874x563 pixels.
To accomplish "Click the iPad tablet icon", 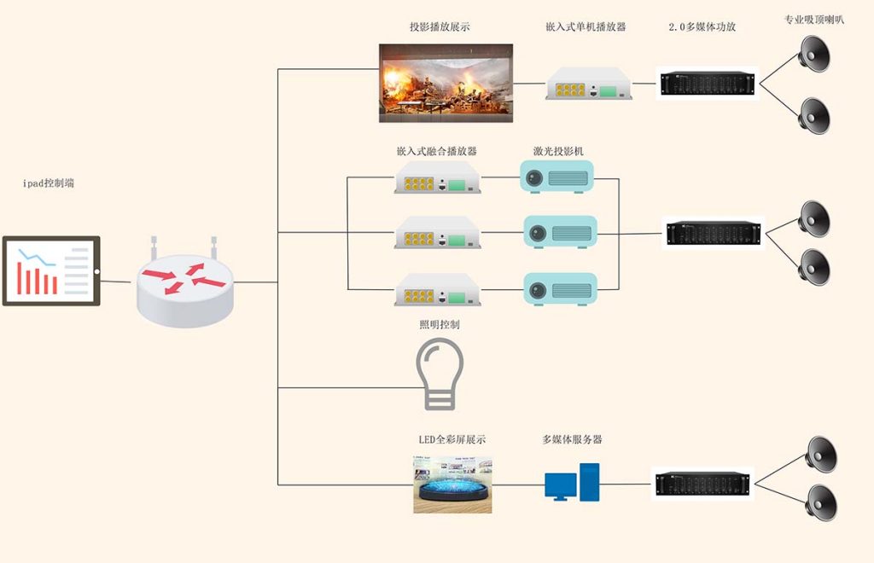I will pos(51,270).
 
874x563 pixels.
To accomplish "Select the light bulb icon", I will pos(440,373).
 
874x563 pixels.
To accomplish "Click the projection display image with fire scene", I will pos(446,78).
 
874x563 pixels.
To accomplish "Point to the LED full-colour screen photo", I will pos(452,485).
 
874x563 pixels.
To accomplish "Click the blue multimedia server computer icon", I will pos(572,482).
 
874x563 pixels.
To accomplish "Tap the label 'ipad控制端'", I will pos(48,183).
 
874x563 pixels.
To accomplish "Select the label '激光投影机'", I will pos(558,151).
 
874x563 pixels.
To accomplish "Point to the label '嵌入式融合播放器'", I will pos(436,151).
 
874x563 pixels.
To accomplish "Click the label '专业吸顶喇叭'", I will pos(813,20).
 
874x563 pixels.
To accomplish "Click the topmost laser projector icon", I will pos(556,177).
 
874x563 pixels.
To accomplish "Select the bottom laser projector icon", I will pos(559,289).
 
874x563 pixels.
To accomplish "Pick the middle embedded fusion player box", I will pos(437,232).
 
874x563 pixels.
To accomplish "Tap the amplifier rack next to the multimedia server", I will pos(705,484).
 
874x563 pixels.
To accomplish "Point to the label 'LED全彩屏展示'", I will pos(452,439).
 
